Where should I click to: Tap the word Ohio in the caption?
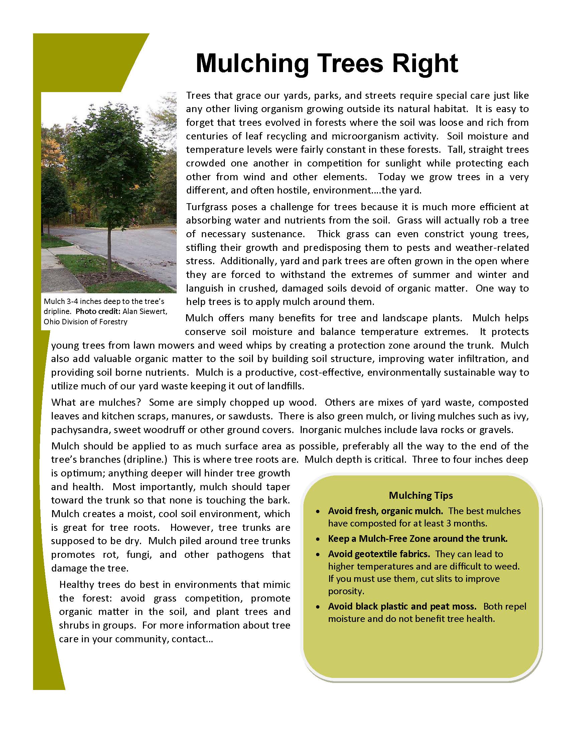tap(51, 322)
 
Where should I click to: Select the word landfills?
tap(285, 386)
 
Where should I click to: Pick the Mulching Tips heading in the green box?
tap(421, 495)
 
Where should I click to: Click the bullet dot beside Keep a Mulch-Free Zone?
tap(318, 539)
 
